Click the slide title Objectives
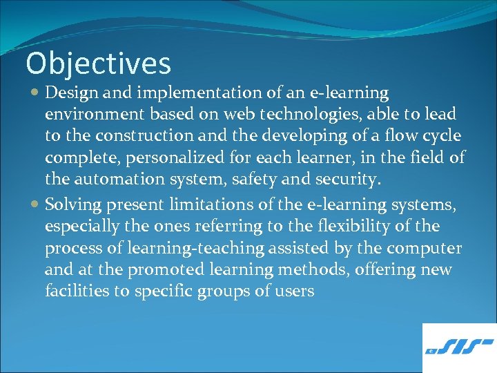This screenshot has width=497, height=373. pyautogui.click(x=98, y=64)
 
